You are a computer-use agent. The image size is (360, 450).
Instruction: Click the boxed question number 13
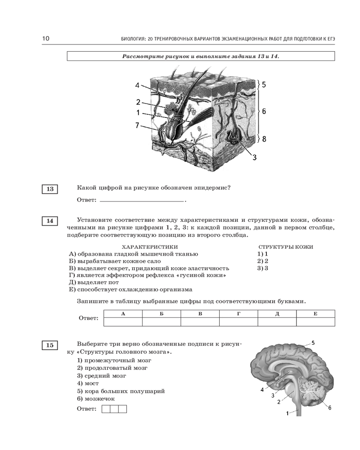pyautogui.click(x=49, y=189)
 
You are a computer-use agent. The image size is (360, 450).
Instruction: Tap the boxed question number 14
pyautogui.click(x=49, y=221)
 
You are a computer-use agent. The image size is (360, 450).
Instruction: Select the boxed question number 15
pyautogui.click(x=49, y=345)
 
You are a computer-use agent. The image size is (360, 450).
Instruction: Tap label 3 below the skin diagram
pyautogui.click(x=254, y=157)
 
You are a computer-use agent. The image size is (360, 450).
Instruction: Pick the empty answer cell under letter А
pyautogui.click(x=123, y=322)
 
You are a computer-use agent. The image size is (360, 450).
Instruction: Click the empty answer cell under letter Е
pyautogui.click(x=315, y=322)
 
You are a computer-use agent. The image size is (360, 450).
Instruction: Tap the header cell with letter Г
pyautogui.click(x=238, y=314)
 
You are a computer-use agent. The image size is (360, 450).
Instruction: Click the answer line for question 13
pyautogui.click(x=142, y=199)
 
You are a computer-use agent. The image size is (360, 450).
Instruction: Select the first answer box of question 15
pyautogui.click(x=106, y=409)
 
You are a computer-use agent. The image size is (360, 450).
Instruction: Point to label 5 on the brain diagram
pyautogui.click(x=313, y=343)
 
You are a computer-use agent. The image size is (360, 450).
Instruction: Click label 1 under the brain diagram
pyautogui.click(x=288, y=413)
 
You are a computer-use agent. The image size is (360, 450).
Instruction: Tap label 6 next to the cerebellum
pyautogui.click(x=330, y=408)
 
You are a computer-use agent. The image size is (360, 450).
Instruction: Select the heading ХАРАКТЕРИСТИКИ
pyautogui.click(x=150, y=247)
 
